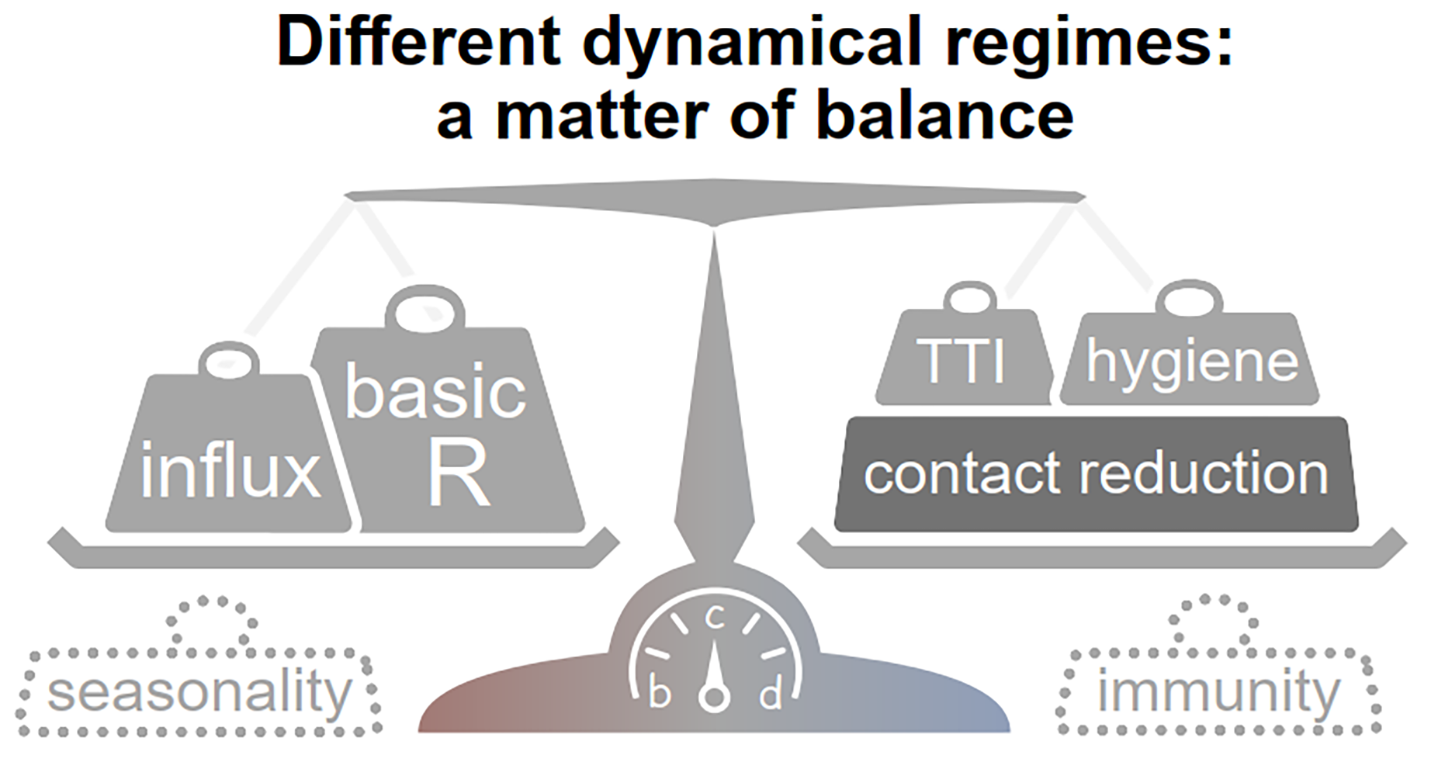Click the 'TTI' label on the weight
[962, 361]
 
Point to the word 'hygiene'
[1192, 362]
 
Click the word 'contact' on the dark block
[962, 473]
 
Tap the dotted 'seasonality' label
[199, 693]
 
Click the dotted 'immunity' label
[1218, 693]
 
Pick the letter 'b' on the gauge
[659, 694]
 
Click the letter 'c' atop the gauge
[714, 618]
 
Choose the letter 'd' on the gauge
[770, 695]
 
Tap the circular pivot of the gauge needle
[714, 696]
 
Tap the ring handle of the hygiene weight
[1189, 300]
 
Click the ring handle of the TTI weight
[970, 298]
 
